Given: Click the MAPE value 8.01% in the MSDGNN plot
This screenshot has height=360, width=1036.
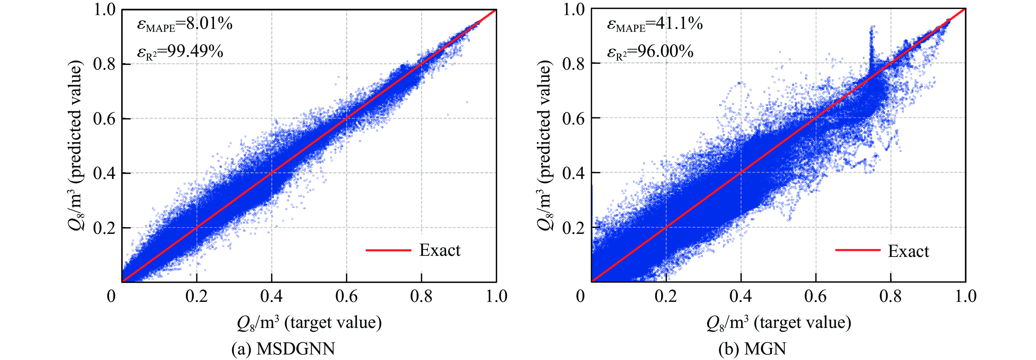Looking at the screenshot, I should pyautogui.click(x=209, y=24).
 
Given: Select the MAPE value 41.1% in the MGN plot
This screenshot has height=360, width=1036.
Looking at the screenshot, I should pyautogui.click(x=679, y=24).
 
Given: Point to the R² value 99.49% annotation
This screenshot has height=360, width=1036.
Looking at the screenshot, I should pyautogui.click(x=195, y=52).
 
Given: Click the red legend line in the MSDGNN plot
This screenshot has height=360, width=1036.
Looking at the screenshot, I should pyautogui.click(x=388, y=250).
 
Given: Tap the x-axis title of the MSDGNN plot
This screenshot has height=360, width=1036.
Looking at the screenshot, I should pyautogui.click(x=309, y=323).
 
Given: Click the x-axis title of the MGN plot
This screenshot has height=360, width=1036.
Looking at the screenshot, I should pyautogui.click(x=779, y=323).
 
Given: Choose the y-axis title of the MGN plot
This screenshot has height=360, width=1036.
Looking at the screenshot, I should pyautogui.click(x=545, y=146).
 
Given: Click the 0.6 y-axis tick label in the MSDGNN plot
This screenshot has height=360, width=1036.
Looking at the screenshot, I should pyautogui.click(x=105, y=119).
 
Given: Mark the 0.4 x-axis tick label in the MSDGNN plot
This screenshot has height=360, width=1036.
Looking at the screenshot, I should pyautogui.click(x=271, y=296).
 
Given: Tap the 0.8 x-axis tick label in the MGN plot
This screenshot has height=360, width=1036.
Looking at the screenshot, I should pyautogui.click(x=890, y=296).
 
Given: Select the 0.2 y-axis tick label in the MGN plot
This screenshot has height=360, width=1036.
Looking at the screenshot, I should pyautogui.click(x=573, y=228).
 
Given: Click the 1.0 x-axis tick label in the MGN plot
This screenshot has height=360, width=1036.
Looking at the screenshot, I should pyautogui.click(x=965, y=296).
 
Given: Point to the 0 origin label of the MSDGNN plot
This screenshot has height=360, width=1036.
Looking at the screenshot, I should pyautogui.click(x=111, y=296).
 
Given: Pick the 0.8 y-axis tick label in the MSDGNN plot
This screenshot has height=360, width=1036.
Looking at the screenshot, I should pyautogui.click(x=105, y=64).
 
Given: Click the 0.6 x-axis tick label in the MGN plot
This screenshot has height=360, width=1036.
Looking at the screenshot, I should pyautogui.click(x=816, y=296).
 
